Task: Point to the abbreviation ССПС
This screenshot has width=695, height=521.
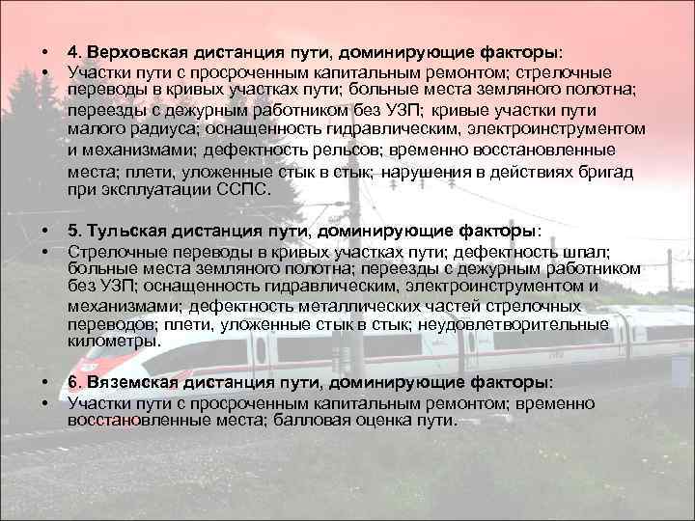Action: [242, 190]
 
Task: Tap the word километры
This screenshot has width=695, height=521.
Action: [111, 341]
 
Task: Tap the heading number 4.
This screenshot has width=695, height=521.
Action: [72, 51]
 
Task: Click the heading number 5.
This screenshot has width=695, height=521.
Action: [72, 232]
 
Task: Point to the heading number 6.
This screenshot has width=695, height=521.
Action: [72, 383]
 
